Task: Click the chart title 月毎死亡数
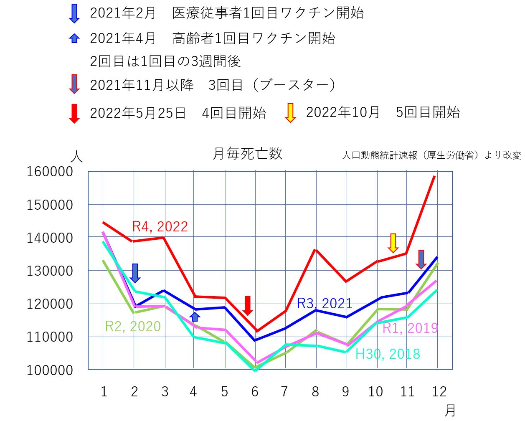(x=247, y=154)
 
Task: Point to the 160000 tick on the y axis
(x=50, y=171)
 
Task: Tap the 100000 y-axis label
(x=50, y=370)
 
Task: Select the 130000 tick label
(x=50, y=271)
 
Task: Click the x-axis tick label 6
(x=255, y=392)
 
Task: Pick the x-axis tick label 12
(x=439, y=392)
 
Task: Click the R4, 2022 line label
(x=160, y=226)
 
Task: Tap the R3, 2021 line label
(x=325, y=303)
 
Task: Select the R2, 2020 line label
(x=133, y=326)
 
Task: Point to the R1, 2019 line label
(x=410, y=328)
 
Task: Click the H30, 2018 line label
(x=388, y=354)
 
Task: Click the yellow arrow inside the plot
(x=393, y=243)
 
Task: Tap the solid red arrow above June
(x=248, y=306)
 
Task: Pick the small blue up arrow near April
(x=195, y=316)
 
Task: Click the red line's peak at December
(x=435, y=176)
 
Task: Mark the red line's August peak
(x=316, y=250)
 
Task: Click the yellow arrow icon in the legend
(x=290, y=113)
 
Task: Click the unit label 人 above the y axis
(x=76, y=157)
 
